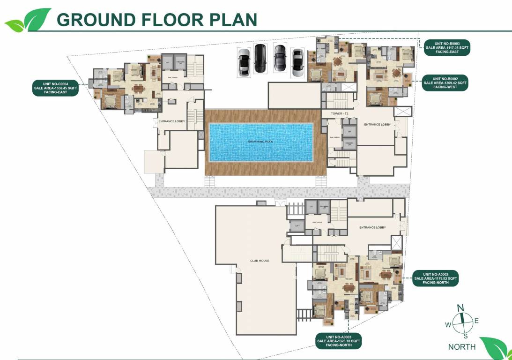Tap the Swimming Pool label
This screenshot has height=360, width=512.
[260, 141]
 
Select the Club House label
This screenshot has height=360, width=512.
[260, 261]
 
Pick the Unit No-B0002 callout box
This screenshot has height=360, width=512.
[445, 83]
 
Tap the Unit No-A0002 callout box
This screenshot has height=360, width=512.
[435, 278]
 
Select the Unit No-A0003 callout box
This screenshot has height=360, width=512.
[338, 341]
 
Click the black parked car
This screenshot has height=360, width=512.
[260, 58]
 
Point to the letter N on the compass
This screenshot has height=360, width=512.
[460, 307]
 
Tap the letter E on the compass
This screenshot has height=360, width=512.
[477, 321]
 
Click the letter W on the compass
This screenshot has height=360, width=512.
[448, 325]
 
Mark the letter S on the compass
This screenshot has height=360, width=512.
[465, 336]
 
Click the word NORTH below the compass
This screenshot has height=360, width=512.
[461, 347]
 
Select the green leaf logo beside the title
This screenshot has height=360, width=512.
[28, 19]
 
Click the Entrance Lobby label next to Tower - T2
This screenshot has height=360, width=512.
[377, 125]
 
